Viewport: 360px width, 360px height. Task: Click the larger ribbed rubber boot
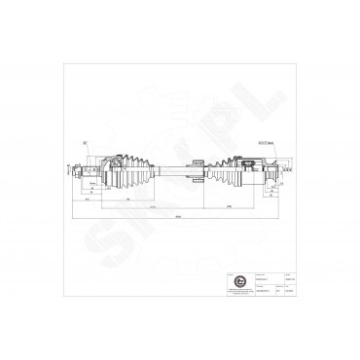(131, 172)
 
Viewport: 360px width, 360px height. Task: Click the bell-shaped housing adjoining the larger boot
(107, 172)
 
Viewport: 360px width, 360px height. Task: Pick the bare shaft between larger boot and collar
(170, 172)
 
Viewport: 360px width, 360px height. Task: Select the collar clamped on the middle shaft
(196, 172)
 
